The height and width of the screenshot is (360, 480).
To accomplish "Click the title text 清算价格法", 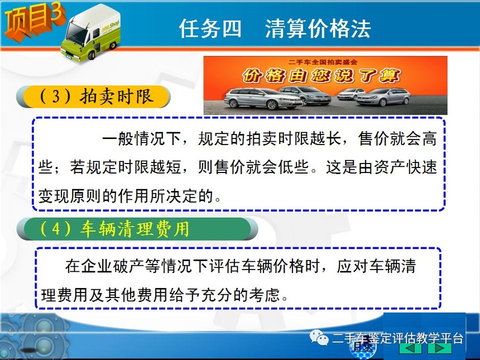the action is pyautogui.click(x=318, y=28).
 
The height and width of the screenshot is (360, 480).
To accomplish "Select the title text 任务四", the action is pyautogui.click(x=210, y=28).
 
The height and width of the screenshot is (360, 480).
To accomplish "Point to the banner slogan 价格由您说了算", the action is pyautogui.click(x=321, y=75).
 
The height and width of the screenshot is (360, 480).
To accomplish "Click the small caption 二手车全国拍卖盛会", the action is pyautogui.click(x=323, y=62).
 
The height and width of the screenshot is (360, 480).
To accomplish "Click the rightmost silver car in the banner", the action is pyautogui.click(x=383, y=97).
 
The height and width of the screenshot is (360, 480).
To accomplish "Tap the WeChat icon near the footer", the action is pyautogui.click(x=318, y=337).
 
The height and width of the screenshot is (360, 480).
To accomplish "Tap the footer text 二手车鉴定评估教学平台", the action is pyautogui.click(x=397, y=338).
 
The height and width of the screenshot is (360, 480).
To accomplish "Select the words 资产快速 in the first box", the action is pyautogui.click(x=405, y=167).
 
